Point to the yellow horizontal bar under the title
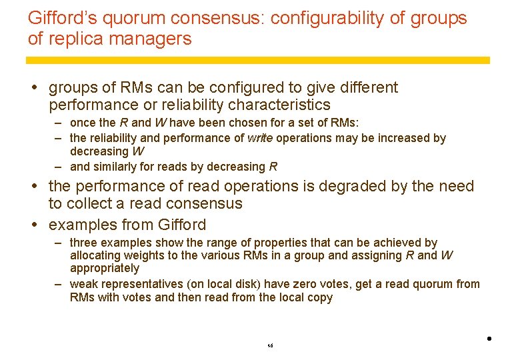(x=257, y=60)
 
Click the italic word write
(x=260, y=138)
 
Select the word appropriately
(x=105, y=268)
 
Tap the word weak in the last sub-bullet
(x=83, y=284)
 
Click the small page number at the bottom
(x=270, y=346)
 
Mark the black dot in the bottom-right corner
(x=489, y=339)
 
